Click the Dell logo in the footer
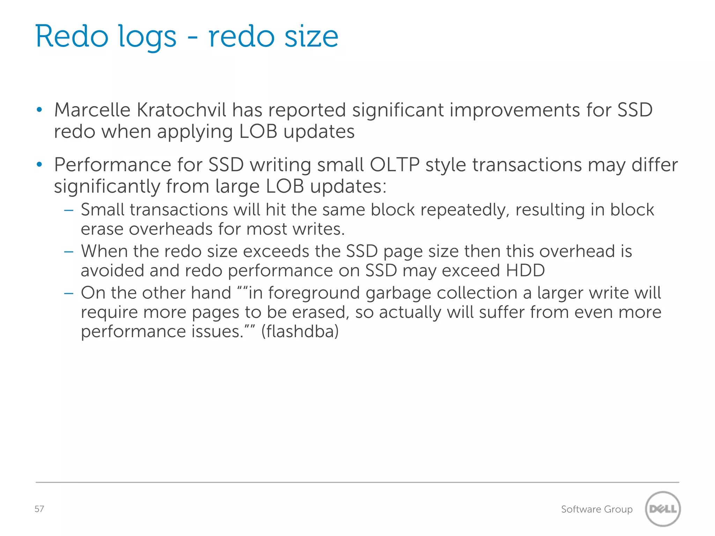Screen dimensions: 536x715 663,509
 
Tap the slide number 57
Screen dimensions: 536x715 39,509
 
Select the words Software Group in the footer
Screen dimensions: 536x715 597,509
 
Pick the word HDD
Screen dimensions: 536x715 525,270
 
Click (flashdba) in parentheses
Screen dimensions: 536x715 300,331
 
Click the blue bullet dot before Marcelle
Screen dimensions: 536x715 39,110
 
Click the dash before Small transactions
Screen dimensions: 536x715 69,210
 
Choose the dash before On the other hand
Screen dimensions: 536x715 69,293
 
